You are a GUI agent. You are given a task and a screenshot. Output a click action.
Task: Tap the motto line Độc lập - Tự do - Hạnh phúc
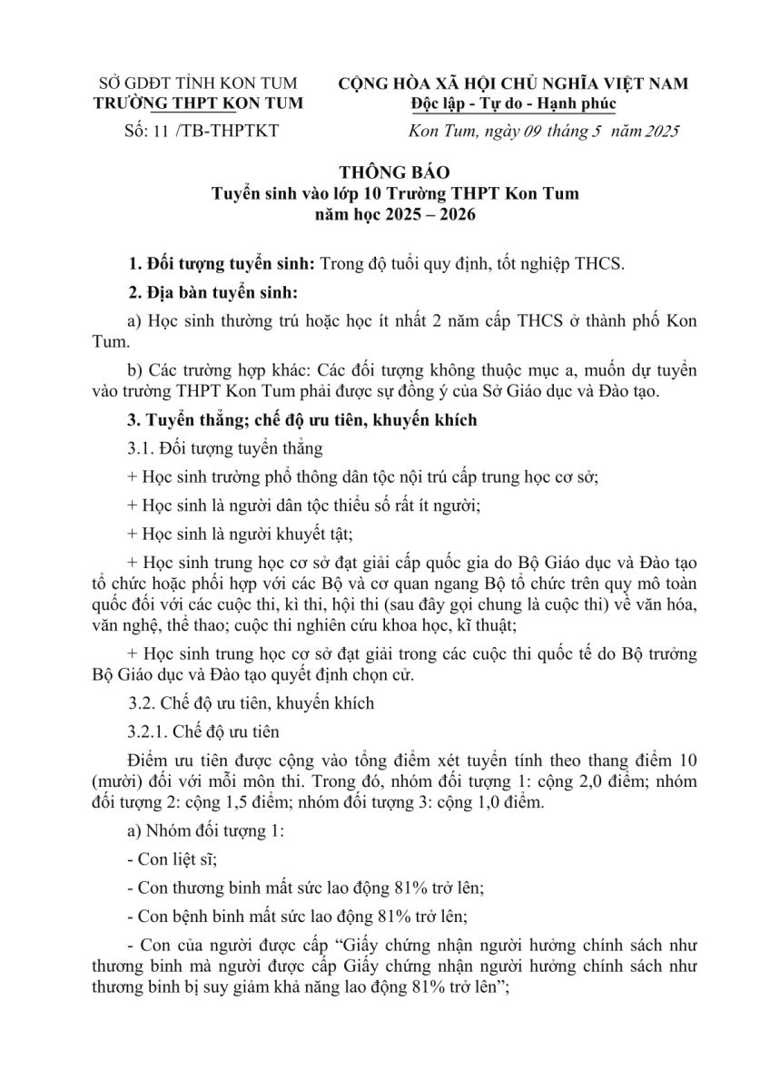[512, 103]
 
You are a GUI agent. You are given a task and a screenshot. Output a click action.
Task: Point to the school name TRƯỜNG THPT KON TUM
[200, 103]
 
